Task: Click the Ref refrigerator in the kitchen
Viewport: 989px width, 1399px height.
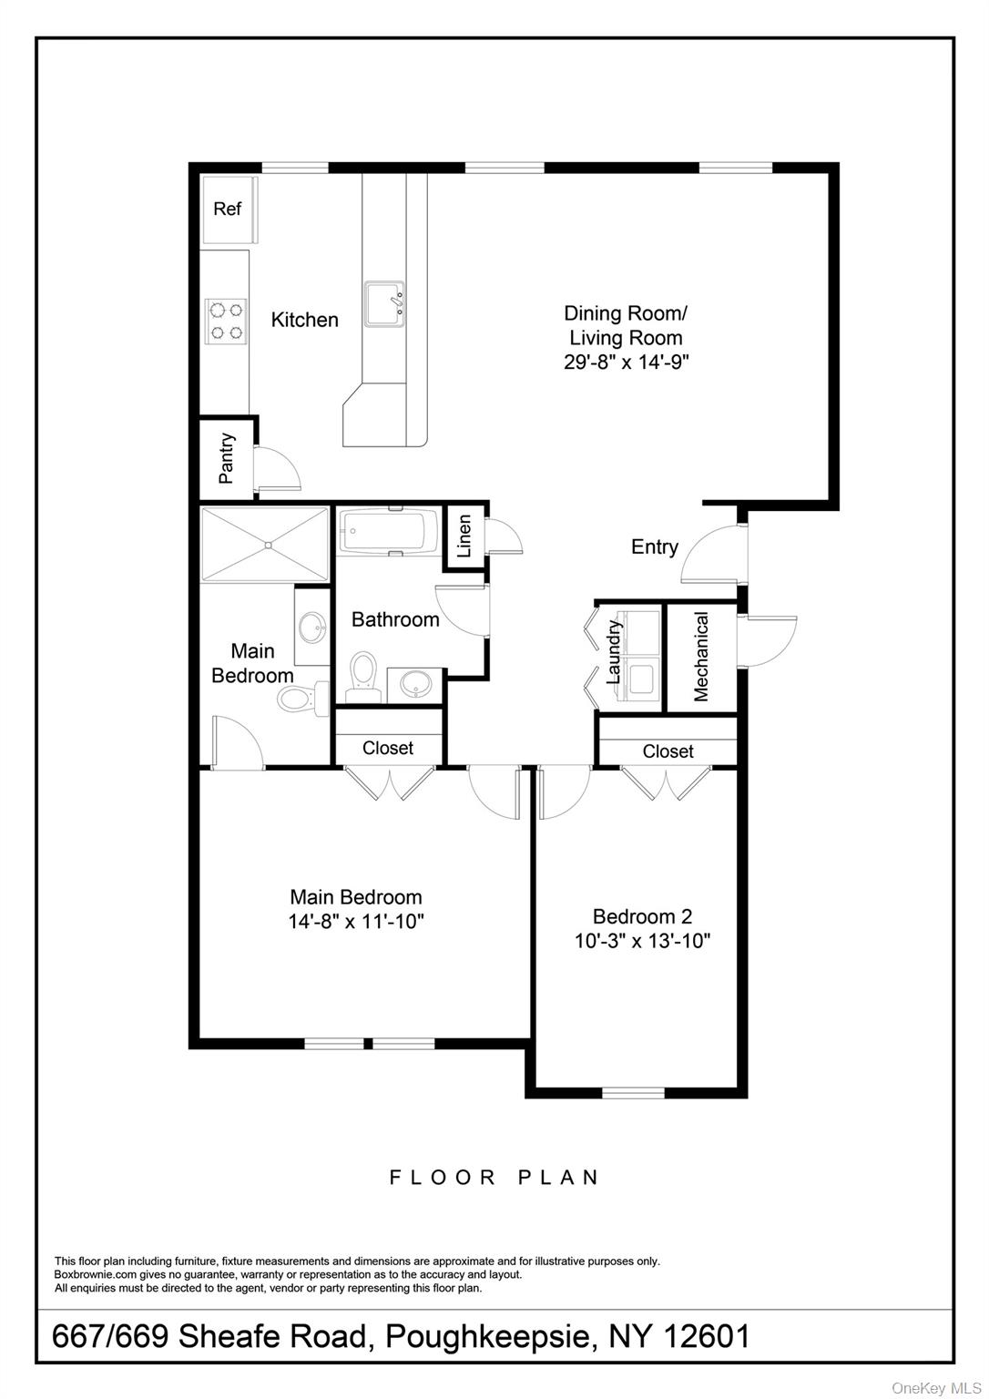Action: tap(228, 209)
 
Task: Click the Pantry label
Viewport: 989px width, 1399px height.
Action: tap(227, 457)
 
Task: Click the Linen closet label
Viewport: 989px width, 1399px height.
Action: tap(464, 536)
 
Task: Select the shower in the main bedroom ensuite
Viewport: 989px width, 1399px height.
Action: tap(266, 544)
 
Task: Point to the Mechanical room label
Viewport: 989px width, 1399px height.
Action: tap(701, 656)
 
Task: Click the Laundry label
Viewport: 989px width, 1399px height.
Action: tap(614, 652)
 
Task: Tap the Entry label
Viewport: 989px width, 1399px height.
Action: tap(655, 546)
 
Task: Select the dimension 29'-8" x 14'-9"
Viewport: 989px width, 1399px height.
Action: tap(626, 362)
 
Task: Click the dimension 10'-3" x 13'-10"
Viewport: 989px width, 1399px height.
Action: tap(642, 941)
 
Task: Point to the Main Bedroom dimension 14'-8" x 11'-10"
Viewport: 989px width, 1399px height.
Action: tap(356, 921)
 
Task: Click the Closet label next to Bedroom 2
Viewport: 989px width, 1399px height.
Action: tap(668, 751)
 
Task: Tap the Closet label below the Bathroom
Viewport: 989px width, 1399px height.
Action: tap(388, 748)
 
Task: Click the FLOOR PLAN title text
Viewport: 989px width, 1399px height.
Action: tap(494, 1178)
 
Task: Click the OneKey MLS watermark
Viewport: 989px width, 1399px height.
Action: tap(937, 1387)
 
